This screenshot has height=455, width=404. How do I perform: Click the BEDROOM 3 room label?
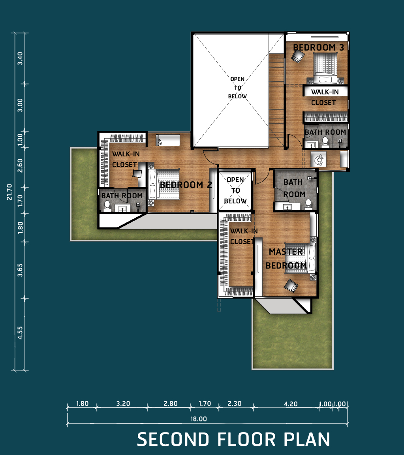coord(318,47)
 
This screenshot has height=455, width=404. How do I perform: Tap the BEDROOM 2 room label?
coord(186,185)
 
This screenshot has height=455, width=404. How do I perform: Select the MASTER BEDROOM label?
coord(286,259)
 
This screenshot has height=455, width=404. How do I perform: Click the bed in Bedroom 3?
coord(325,68)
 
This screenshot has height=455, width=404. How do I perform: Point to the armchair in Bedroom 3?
coord(298,56)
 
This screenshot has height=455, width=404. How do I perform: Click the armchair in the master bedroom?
coord(291,286)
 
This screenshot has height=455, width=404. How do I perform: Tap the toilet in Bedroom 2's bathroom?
coord(107,205)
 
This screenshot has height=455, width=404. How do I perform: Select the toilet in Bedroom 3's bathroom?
coord(325,142)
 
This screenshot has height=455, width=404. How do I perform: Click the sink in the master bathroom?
coord(287,207)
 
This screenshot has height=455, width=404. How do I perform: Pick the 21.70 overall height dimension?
coord(9,192)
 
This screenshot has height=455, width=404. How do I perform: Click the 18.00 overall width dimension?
coord(199,419)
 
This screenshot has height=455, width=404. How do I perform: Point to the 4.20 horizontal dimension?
coord(291,404)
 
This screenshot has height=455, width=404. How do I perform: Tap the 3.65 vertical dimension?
coord(20,270)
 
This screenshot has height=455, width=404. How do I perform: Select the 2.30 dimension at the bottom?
coord(235,403)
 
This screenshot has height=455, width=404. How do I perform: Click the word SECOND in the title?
coord(173,439)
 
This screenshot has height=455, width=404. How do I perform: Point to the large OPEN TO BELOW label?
coord(237,88)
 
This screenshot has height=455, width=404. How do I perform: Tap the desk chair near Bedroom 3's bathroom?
coord(319,159)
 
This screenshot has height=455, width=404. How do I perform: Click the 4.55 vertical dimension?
coord(20,333)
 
